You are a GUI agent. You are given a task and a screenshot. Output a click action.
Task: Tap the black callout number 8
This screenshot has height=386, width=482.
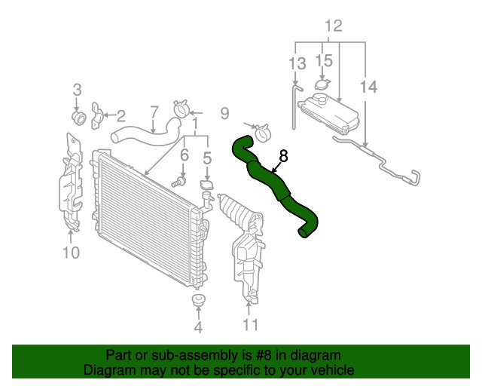[x=283, y=156]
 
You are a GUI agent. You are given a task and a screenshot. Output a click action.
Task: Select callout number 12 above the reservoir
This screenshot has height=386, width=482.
[x=333, y=26]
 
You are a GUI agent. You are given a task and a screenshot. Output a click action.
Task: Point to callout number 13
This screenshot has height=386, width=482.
[x=297, y=63]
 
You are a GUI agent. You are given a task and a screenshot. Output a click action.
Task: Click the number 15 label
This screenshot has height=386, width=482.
[x=324, y=60]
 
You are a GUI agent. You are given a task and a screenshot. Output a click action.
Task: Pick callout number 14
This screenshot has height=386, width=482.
[x=368, y=87]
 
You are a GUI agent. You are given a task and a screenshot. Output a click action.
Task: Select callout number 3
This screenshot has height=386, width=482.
[x=77, y=90]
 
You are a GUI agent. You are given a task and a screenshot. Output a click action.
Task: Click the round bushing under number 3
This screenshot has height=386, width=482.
[x=79, y=118]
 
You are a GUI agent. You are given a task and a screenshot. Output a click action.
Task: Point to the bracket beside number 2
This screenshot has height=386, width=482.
[x=96, y=116]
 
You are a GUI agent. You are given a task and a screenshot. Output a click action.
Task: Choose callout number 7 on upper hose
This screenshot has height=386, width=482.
[x=154, y=112]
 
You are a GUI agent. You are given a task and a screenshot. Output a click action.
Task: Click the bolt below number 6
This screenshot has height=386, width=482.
[x=178, y=182]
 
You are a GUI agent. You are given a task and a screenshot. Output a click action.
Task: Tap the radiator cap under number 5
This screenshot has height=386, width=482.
[x=207, y=185]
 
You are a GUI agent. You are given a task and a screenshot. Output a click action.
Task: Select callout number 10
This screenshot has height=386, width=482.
[x=71, y=253]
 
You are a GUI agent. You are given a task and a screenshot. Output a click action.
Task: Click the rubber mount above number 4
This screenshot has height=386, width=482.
[x=198, y=300]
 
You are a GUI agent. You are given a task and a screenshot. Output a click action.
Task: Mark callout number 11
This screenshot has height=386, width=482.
[x=251, y=324]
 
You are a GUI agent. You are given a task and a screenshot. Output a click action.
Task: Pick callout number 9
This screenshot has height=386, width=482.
[x=224, y=113]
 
